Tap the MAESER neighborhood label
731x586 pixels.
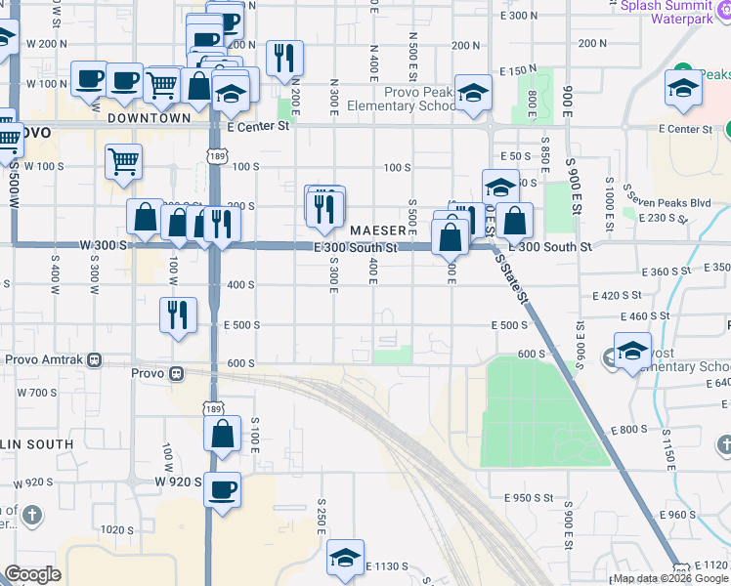click(x=378, y=230)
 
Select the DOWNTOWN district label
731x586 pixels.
click(x=150, y=117)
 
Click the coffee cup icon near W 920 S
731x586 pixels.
click(x=223, y=488)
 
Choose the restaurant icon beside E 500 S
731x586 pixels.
click(x=178, y=314)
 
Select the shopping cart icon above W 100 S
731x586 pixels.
click(x=123, y=161)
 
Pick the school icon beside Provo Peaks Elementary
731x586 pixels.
click(x=474, y=93)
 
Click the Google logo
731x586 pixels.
click(x=32, y=574)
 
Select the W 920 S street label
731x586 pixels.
click(x=176, y=481)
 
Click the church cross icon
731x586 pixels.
click(x=32, y=514)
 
